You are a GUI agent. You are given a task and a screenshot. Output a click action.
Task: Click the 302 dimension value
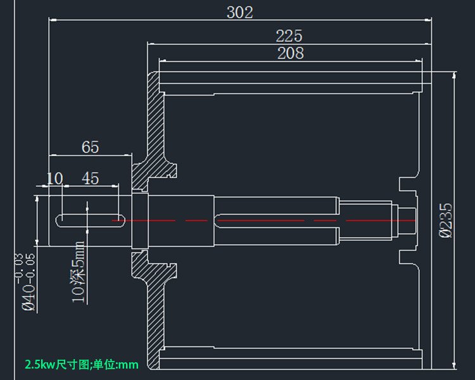[239, 12]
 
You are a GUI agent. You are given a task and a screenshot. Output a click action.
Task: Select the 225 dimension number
[289, 36]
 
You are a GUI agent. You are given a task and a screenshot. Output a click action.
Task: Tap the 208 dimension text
[290, 54]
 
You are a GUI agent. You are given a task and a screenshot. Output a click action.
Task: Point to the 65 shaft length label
[91, 147]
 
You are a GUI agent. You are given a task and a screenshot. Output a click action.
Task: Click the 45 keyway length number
[91, 179]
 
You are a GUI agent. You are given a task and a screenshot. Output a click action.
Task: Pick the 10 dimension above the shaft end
[55, 179]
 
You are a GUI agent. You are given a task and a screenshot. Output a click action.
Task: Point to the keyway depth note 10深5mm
[79, 272]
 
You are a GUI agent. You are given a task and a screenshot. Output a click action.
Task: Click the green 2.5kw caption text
[81, 365]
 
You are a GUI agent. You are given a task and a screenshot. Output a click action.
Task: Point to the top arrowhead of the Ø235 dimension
[453, 75]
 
